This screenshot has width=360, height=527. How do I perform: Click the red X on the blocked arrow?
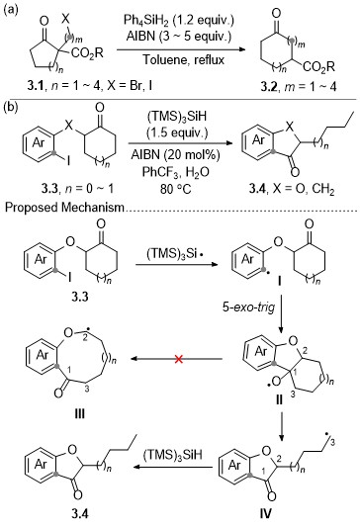click(x=179, y=359)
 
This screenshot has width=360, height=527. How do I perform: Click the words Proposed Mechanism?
click(x=64, y=207)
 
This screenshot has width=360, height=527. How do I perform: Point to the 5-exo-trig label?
click(x=248, y=307)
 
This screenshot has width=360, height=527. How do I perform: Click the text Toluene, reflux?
click(x=184, y=59)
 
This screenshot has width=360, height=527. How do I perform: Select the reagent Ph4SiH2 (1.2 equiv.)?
click(x=178, y=20)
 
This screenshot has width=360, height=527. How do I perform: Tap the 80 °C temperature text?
click(x=175, y=189)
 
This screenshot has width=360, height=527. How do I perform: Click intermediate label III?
click(x=79, y=413)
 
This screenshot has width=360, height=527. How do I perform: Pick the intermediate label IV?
click(x=265, y=513)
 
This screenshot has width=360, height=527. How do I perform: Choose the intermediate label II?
click(x=279, y=400)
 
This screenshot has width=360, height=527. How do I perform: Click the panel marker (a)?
click(x=10, y=10)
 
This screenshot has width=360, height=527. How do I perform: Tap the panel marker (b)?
click(x=10, y=108)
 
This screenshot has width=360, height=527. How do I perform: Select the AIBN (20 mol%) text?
click(x=175, y=155)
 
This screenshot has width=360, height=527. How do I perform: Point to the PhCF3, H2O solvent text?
click(x=175, y=172)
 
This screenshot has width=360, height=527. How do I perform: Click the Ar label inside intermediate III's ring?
click(x=43, y=355)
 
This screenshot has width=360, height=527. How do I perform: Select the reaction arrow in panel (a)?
click(x=181, y=49)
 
